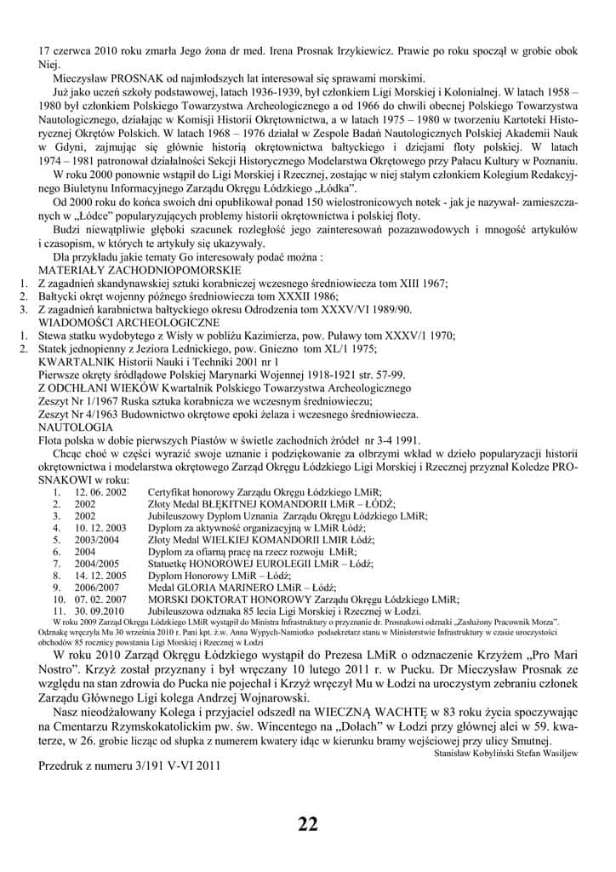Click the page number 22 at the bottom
[308, 823]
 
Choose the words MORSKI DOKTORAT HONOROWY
[219, 599]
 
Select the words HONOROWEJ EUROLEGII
[239, 563]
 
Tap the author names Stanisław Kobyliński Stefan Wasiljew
[505, 753]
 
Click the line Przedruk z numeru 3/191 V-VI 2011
[129, 765]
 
